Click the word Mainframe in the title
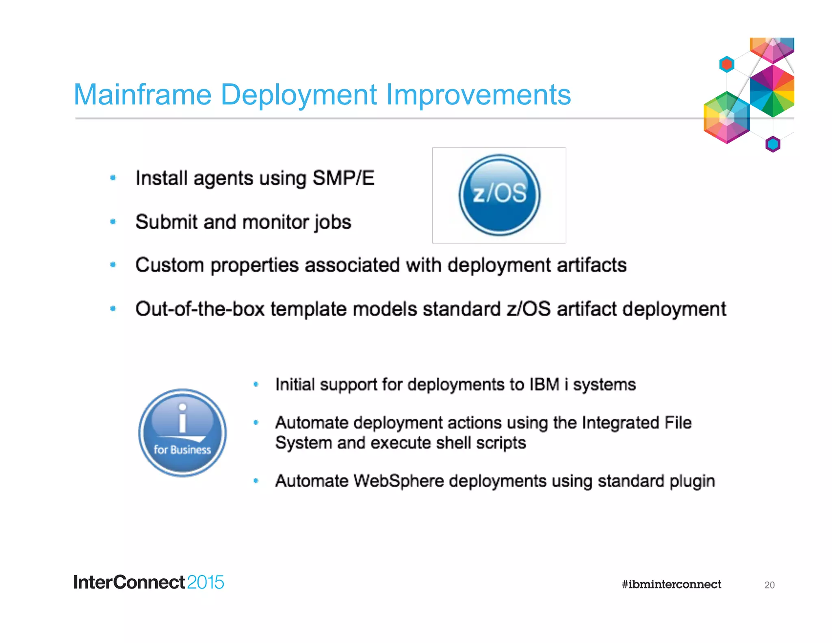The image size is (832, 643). point(143,95)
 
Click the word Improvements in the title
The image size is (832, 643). point(478,95)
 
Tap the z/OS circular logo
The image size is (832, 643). point(499,195)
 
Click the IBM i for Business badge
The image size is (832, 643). point(182,432)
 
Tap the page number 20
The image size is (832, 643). point(769,585)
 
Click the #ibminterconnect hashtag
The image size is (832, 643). point(671,584)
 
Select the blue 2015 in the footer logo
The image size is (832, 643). point(206,582)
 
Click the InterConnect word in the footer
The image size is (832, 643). point(129,582)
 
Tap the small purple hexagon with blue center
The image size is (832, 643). point(773,144)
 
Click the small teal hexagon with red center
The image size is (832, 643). point(727,64)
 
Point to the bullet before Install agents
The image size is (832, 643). point(113,178)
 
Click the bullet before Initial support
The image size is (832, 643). point(256,384)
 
